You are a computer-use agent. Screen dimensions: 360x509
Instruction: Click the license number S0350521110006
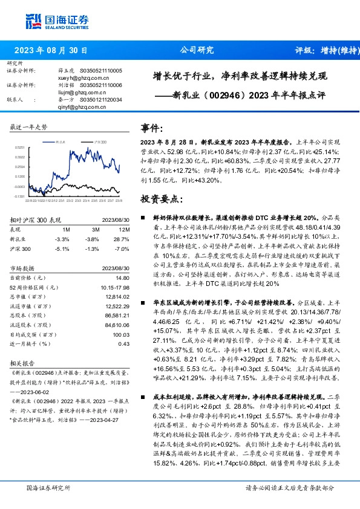click(100, 86)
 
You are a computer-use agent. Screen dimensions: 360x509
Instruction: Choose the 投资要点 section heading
click(161, 198)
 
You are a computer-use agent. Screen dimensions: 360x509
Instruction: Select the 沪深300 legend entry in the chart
click(100, 140)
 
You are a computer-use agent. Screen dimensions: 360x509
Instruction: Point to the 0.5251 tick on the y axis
click(19, 147)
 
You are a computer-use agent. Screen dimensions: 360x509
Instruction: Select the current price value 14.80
click(123, 277)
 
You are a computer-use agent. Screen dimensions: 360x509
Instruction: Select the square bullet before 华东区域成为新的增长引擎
click(143, 300)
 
